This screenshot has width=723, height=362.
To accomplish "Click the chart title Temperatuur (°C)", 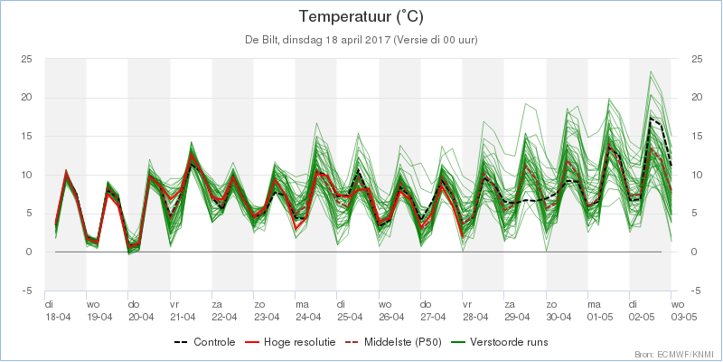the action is (361, 17).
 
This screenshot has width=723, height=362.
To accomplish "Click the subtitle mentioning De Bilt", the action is (361, 40).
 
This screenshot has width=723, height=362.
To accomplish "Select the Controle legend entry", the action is (205, 342).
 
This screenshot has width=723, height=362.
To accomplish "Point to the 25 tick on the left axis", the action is (26, 59).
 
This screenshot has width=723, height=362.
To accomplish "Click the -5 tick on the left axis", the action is (27, 291).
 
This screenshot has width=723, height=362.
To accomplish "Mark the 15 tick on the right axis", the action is (697, 137).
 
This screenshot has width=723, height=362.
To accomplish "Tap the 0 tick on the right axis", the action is (694, 252).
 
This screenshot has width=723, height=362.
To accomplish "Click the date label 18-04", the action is (58, 317).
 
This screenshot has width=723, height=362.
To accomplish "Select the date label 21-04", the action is (183, 317).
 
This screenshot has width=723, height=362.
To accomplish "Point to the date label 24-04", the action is (308, 317).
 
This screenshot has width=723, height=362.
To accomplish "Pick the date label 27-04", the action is (434, 317).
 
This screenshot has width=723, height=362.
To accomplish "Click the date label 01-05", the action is (600, 317).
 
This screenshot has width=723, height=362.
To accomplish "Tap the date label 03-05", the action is (684, 317).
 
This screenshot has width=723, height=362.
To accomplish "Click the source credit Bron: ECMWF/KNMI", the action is (677, 355).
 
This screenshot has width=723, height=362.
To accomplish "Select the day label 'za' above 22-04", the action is (217, 305).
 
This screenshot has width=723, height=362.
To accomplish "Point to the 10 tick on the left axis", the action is (26, 175).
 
